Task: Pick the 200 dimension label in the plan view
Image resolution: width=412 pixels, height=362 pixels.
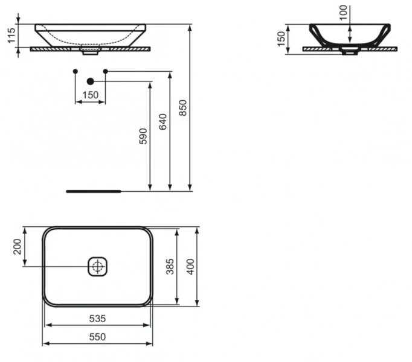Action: (17, 246)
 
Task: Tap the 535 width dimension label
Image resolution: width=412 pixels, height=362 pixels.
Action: (97, 318)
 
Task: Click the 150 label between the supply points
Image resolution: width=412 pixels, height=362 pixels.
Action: (90, 95)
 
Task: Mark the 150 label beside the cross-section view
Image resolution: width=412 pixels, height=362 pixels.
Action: (280, 37)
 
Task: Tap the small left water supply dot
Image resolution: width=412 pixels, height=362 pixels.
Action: (75, 72)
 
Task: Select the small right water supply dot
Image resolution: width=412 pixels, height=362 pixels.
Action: (105, 72)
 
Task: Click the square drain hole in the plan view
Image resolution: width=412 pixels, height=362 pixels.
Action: (97, 266)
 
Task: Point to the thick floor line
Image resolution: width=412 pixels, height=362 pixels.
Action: (94, 191)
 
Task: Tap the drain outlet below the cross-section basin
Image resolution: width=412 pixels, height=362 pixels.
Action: (349, 52)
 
